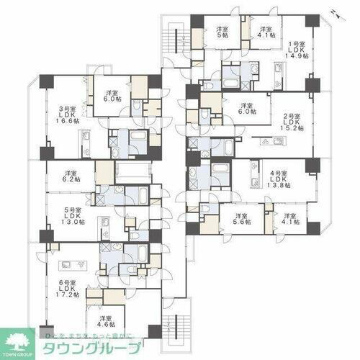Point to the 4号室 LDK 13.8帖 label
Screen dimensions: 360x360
[x=278, y=179]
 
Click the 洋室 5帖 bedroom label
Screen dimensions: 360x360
[x=222, y=33]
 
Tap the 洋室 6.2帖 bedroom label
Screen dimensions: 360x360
[x=71, y=177]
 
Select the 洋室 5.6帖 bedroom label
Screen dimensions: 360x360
[x=240, y=219]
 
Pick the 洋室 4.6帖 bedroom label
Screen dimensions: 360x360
[x=106, y=323]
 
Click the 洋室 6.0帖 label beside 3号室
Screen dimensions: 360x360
[x=111, y=97]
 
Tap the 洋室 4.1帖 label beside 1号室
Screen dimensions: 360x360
[x=264, y=33]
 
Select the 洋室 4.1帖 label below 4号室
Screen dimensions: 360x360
[x=290, y=219]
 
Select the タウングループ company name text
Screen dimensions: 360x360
[x=86, y=345]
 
